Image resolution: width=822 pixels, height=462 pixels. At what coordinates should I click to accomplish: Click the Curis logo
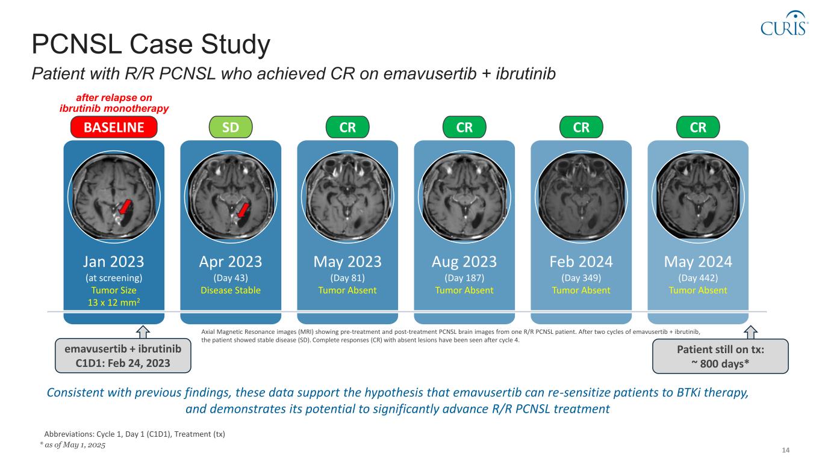coord(784,23)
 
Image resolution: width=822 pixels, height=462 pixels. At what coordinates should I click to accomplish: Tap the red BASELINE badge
coord(114,127)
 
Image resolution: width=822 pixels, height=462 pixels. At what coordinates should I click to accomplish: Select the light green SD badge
coord(231,127)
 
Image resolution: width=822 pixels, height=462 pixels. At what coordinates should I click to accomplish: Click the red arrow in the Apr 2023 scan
coord(242,210)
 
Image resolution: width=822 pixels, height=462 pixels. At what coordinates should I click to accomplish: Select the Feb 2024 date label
coord(581,262)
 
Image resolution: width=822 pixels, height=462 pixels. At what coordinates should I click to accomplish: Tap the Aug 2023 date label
coord(464,262)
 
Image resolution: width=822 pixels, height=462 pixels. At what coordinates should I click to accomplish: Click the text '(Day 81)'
coord(347,278)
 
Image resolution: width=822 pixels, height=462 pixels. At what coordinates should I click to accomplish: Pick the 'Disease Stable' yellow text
coord(231,291)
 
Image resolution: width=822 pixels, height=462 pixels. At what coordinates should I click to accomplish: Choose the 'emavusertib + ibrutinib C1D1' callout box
coord(123,356)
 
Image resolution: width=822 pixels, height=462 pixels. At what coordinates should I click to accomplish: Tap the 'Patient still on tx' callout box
coord(720,356)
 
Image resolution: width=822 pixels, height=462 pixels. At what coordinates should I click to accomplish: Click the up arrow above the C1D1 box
coord(143,331)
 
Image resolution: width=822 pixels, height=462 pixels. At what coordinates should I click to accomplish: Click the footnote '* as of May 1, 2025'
coord(69,445)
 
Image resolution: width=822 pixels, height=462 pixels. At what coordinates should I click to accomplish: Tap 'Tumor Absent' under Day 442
coord(698,291)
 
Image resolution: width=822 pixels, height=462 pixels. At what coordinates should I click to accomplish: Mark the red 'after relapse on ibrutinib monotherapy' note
coord(114,103)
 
